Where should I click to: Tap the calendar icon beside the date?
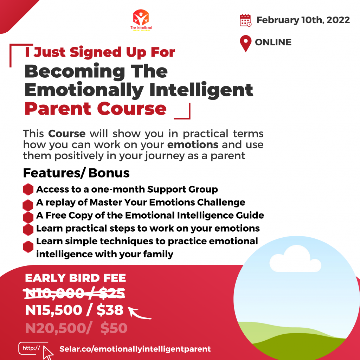(245, 20)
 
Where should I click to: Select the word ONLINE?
(273, 43)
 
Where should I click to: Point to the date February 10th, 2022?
(303, 20)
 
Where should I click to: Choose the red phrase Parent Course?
(95, 109)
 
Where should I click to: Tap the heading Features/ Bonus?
(76, 173)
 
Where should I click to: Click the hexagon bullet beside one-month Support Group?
(28, 189)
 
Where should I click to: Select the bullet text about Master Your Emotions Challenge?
(141, 202)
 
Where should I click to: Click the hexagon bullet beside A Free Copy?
(28, 216)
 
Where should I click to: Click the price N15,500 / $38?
(74, 310)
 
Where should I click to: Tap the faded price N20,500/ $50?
(76, 328)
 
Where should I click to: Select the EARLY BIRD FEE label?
(75, 278)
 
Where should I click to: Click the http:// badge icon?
(31, 348)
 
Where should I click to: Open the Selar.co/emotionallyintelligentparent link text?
(135, 349)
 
